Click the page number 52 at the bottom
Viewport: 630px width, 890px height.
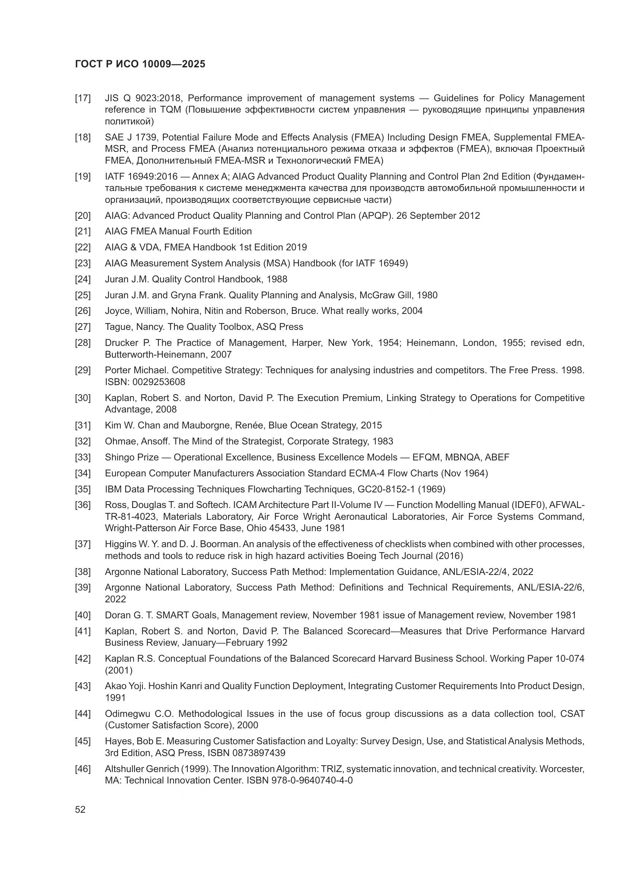80,809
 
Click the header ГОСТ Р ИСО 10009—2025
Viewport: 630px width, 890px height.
140,64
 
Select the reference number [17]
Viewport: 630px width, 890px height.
83,98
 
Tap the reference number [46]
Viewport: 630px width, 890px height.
83,769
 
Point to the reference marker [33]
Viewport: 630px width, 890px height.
83,457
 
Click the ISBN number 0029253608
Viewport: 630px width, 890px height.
159,382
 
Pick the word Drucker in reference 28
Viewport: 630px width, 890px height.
122,343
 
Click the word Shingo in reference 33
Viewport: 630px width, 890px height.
118,457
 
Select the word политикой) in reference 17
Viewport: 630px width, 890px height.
129,122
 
